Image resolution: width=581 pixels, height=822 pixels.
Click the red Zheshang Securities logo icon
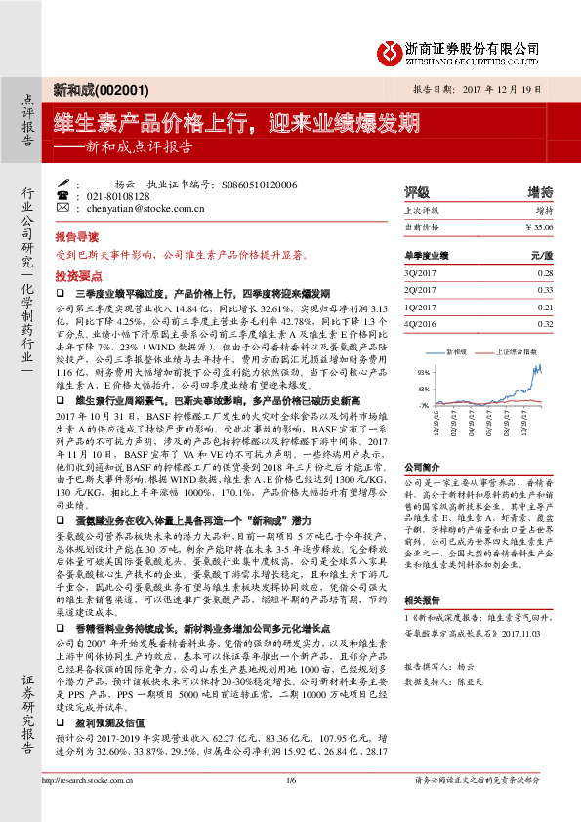pyautogui.click(x=391, y=49)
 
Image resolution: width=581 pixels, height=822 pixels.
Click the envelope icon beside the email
pyautogui.click(x=62, y=208)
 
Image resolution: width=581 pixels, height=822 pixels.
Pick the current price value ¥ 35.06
pyautogui.click(x=538, y=226)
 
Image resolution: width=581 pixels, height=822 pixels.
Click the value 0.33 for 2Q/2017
pyautogui.click(x=545, y=290)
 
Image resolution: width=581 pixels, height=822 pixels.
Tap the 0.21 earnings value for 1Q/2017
pyautogui.click(x=545, y=307)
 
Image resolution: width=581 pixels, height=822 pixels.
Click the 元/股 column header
pyautogui.click(x=541, y=255)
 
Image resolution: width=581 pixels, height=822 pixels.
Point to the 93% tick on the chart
pyautogui.click(x=423, y=373)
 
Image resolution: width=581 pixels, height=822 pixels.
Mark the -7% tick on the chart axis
pyautogui.click(x=424, y=404)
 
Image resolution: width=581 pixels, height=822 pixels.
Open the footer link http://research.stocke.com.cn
pyautogui.click(x=94, y=807)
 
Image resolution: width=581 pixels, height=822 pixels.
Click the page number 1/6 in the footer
pyautogui.click(x=290, y=807)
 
